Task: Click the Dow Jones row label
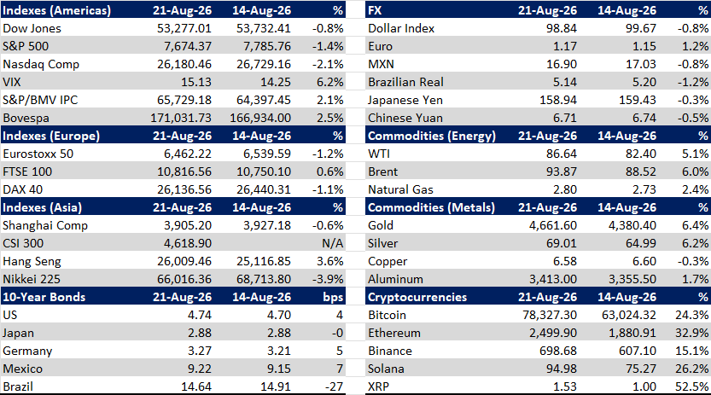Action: (x=32, y=28)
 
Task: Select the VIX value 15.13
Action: (x=196, y=82)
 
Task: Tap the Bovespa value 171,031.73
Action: (x=181, y=118)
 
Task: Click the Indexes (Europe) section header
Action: (x=51, y=136)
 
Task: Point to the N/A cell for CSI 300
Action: (x=332, y=243)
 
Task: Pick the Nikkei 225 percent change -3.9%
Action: (x=328, y=279)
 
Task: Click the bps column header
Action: (x=333, y=297)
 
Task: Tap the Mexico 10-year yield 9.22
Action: (x=200, y=369)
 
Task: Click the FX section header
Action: (x=375, y=10)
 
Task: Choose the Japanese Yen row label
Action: (x=405, y=100)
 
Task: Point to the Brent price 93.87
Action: (x=562, y=171)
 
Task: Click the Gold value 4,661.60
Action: (x=553, y=225)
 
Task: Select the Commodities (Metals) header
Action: (x=431, y=207)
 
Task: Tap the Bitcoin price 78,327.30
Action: (x=550, y=315)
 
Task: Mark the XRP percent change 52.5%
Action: (x=692, y=386)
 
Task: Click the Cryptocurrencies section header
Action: (x=417, y=297)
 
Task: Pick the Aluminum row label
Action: (x=395, y=279)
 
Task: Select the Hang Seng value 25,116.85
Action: (x=264, y=261)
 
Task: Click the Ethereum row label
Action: (x=394, y=333)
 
